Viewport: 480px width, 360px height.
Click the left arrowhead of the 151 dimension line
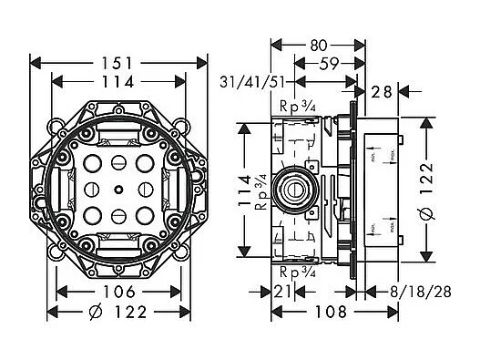(36, 63)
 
